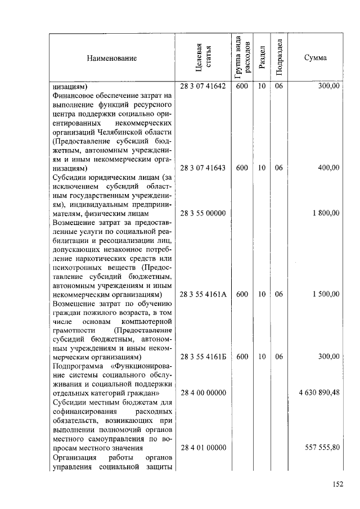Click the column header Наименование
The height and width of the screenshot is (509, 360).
pyautogui.click(x=111, y=58)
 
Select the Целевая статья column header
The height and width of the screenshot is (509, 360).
pyautogui.click(x=203, y=58)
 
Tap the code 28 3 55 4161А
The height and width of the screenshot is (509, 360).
pyautogui.click(x=203, y=294)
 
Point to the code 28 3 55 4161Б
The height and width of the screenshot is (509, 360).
pyautogui.click(x=203, y=357)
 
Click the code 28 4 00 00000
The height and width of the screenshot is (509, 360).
pyautogui.click(x=203, y=393)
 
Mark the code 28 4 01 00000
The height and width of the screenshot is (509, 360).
pyautogui.click(x=203, y=447)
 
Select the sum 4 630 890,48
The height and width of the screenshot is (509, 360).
pyautogui.click(x=319, y=393)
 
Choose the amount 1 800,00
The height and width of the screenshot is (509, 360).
pyautogui.click(x=326, y=213)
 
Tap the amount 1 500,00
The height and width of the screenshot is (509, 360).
pyautogui.click(x=326, y=294)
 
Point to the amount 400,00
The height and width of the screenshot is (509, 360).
pyautogui.click(x=328, y=168)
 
